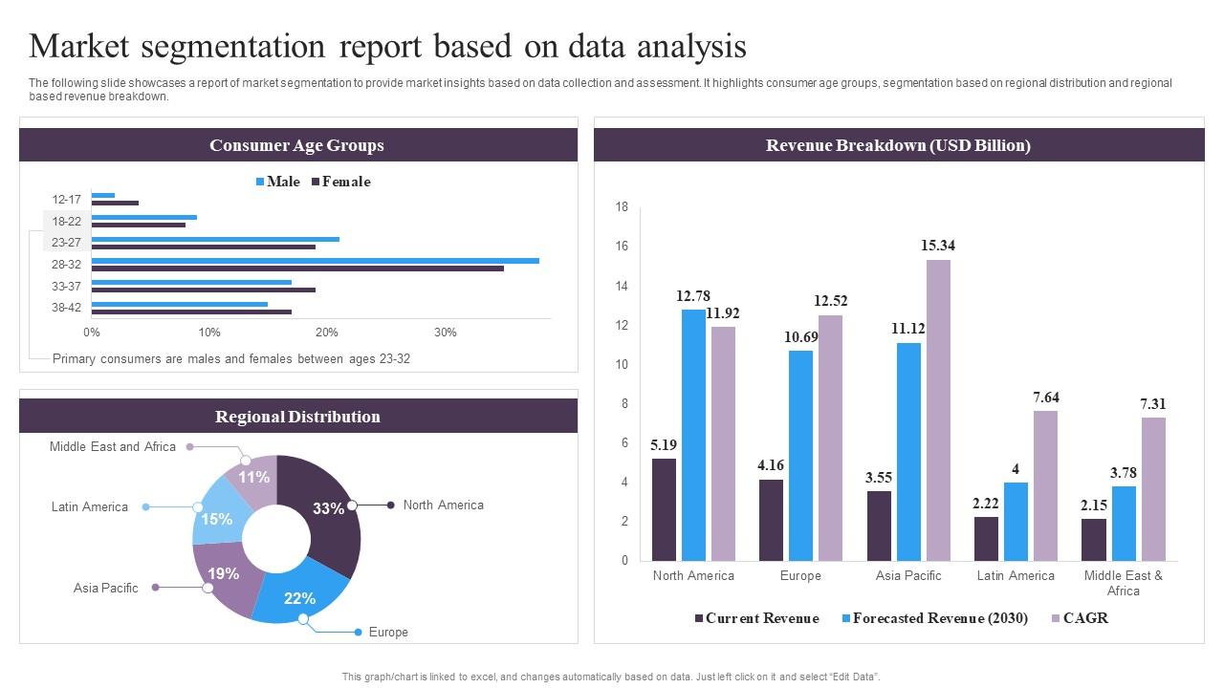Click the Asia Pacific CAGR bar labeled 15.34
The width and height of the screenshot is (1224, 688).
(938, 410)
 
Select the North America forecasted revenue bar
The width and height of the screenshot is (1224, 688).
(693, 435)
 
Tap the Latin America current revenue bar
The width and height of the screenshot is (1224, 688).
(986, 539)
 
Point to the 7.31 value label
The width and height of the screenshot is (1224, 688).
(1152, 404)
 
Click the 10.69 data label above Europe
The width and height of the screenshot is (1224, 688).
(800, 337)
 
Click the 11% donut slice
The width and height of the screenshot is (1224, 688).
(254, 477)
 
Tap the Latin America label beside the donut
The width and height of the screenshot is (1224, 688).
(89, 507)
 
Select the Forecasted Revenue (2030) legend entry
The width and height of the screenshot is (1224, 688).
(939, 618)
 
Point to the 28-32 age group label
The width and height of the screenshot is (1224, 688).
(66, 265)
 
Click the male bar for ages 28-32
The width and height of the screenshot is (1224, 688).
(315, 261)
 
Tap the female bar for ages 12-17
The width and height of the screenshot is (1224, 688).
(115, 203)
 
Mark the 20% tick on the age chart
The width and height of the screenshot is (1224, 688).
(327, 333)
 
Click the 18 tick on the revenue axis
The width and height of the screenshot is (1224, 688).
(622, 207)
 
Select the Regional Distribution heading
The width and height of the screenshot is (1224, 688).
(297, 417)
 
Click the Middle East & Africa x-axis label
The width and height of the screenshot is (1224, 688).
(1123, 583)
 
